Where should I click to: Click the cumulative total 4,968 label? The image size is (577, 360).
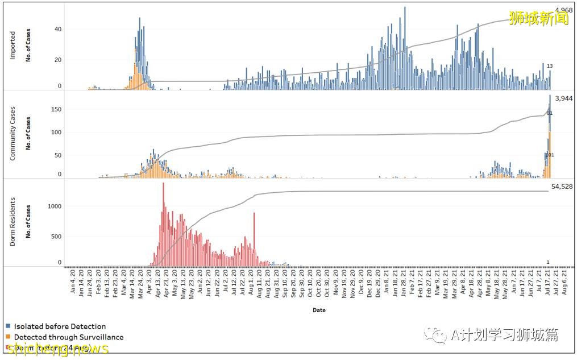click(x=564, y=10)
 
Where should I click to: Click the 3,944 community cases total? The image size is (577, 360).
click(x=563, y=98)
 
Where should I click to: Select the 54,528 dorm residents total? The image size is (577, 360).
click(x=562, y=187)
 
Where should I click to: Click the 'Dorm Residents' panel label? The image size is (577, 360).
click(x=13, y=222)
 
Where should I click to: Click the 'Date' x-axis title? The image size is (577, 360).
click(x=319, y=310)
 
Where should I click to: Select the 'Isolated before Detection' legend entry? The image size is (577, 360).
click(x=60, y=326)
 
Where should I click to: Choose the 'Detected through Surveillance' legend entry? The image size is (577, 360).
click(x=68, y=337)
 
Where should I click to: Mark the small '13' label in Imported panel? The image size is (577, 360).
click(x=550, y=67)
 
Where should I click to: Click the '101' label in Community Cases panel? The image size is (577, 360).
click(x=550, y=155)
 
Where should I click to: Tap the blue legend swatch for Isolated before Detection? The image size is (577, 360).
click(x=8, y=326)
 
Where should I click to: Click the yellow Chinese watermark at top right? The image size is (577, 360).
click(x=539, y=18)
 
